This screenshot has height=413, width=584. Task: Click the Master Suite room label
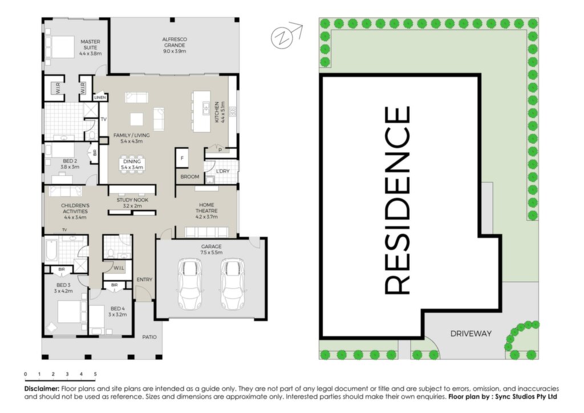(x=90, y=48)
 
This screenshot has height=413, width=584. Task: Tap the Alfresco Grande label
(x=175, y=45)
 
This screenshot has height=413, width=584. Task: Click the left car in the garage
(x=190, y=284)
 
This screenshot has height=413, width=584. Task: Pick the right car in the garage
(x=232, y=284)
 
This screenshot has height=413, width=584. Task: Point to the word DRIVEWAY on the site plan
(x=471, y=334)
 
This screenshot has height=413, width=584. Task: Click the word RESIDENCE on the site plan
(x=397, y=200)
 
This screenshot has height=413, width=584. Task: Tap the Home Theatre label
(x=206, y=210)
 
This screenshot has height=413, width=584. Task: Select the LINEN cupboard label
(x=100, y=98)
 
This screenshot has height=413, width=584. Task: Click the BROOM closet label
(x=189, y=176)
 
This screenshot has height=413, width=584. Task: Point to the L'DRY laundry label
(x=223, y=171)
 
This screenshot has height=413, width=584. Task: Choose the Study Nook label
(x=132, y=203)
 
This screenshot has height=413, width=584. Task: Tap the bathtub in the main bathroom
(x=50, y=250)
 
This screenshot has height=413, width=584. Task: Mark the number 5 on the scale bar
(x=95, y=374)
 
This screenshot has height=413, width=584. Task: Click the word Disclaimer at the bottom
(x=42, y=388)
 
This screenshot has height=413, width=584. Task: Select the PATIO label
(x=149, y=337)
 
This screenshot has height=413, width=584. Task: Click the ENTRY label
(x=144, y=280)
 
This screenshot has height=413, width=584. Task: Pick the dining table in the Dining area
(x=132, y=164)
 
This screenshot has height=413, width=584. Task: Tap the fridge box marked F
(x=182, y=158)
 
